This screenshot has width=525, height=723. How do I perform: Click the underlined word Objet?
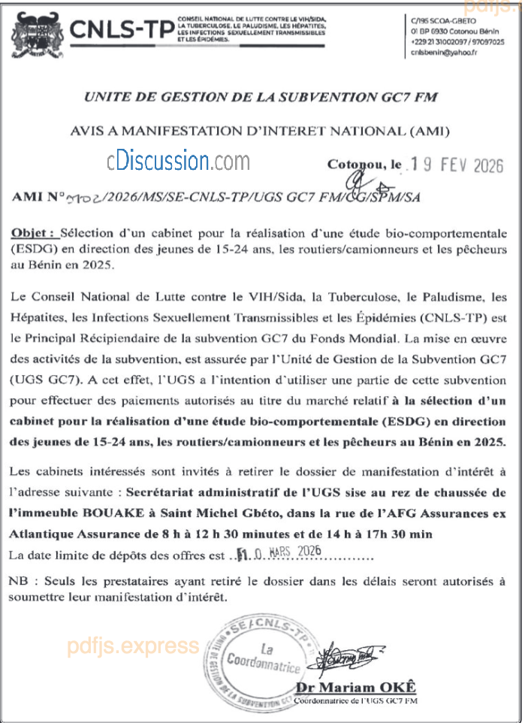[33, 232]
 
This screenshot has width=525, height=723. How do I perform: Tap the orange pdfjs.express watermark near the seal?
[134, 646]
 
